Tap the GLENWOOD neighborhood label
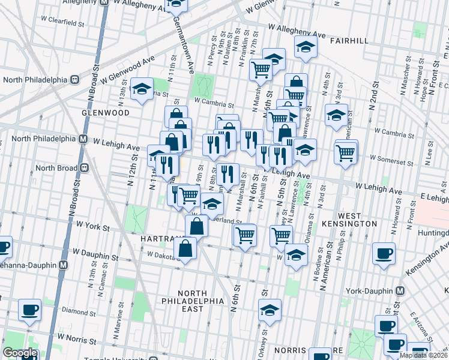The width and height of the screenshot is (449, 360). point(105,113)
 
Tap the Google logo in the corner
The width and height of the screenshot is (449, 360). point(19,353)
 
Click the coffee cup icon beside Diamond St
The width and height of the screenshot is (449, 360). point(29,310)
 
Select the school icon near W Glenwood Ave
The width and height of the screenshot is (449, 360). point(142,91)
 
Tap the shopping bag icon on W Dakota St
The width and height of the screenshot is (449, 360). point(186,248)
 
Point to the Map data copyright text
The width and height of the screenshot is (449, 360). point(423,355)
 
